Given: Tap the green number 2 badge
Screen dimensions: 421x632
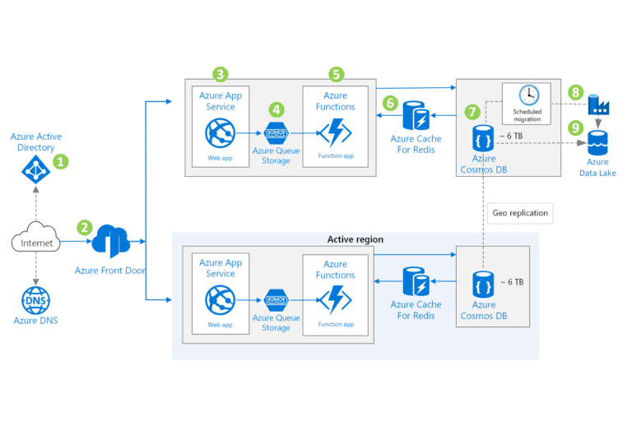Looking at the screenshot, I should (x=84, y=227).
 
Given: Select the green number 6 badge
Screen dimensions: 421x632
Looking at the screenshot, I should (x=391, y=103).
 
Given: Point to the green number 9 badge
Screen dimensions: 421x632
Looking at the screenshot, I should (x=576, y=127).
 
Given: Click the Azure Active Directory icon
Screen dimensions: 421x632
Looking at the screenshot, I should (x=35, y=171).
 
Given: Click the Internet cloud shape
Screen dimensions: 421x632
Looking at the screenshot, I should (x=36, y=243).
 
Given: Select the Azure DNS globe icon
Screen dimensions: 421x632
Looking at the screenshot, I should (x=36, y=298).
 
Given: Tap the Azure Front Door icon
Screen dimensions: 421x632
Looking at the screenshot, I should (x=110, y=242).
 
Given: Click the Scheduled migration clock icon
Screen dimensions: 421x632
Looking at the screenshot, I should (x=527, y=95).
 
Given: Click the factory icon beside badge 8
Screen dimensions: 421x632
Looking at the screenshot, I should (x=597, y=104).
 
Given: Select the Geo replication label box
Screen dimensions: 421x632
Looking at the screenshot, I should (x=519, y=213).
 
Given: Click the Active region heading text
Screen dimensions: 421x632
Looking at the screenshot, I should (x=355, y=239).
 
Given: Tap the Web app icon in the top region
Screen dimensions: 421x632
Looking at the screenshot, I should (x=221, y=132).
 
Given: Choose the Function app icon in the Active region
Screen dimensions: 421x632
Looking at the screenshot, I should (x=335, y=301).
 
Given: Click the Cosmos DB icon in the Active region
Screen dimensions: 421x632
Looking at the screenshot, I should (x=483, y=283).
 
